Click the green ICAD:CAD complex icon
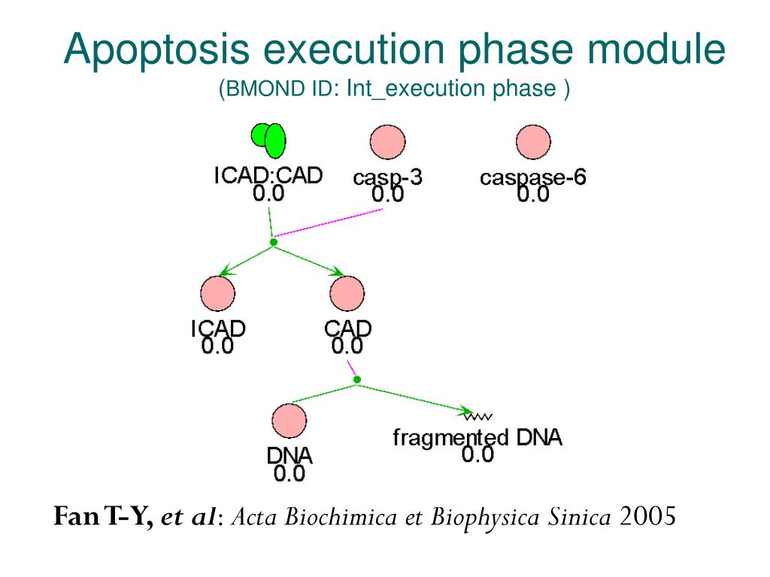coord(268,137)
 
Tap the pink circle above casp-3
coord(387,143)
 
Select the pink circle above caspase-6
coord(533,143)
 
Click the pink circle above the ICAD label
coord(217,294)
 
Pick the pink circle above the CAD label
coord(347,294)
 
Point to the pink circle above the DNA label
coord(289,421)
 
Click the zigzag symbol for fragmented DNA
coord(477,415)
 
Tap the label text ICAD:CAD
coord(268,176)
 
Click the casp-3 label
coord(387,178)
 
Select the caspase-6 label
coord(533,178)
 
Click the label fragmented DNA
coord(477,437)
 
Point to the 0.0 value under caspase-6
coord(533,194)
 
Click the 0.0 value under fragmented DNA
coord(477,455)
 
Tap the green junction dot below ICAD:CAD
coord(274,242)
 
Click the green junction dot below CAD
coord(357,379)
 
